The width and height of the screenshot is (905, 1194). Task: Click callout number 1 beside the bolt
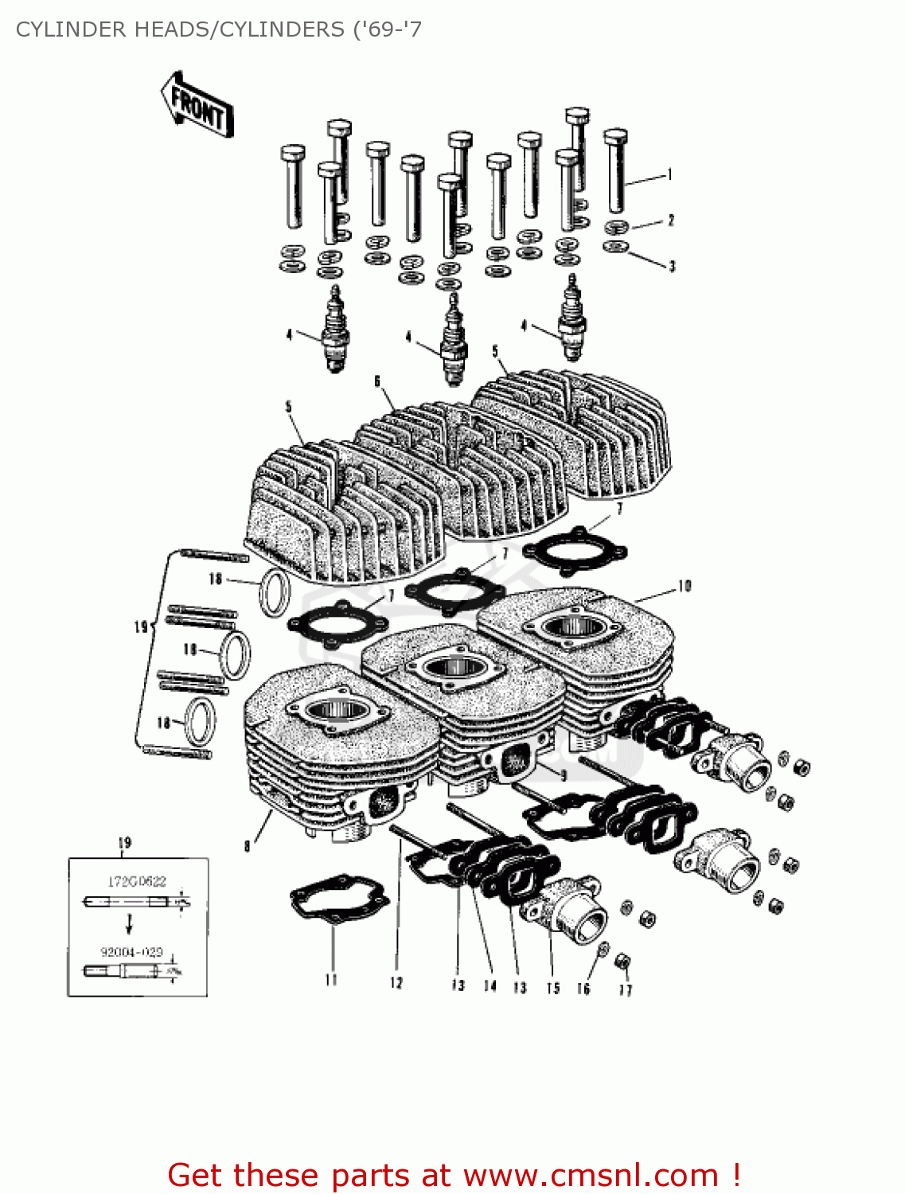point(670,174)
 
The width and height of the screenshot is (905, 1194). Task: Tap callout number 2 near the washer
point(671,220)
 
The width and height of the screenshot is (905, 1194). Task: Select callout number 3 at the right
point(672,266)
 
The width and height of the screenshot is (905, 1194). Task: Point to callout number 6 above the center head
point(377,381)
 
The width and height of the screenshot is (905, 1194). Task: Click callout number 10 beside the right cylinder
point(685,587)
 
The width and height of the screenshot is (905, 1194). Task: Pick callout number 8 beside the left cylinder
point(248,845)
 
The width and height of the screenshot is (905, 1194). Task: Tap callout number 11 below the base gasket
point(331,981)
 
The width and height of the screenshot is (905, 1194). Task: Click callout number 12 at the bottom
point(396,983)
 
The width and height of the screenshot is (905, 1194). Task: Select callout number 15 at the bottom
point(552,988)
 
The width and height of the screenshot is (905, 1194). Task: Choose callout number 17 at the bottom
point(626,989)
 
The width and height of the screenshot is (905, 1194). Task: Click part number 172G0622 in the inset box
point(137,880)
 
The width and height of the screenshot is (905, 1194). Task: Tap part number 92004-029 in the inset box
point(131,951)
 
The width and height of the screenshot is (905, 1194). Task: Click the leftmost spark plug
point(334,333)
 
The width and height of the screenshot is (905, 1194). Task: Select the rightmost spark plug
point(571,318)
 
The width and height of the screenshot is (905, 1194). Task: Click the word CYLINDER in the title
point(71,29)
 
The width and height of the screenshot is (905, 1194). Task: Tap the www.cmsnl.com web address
point(591,1175)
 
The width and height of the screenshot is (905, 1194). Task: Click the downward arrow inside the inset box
point(129,923)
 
